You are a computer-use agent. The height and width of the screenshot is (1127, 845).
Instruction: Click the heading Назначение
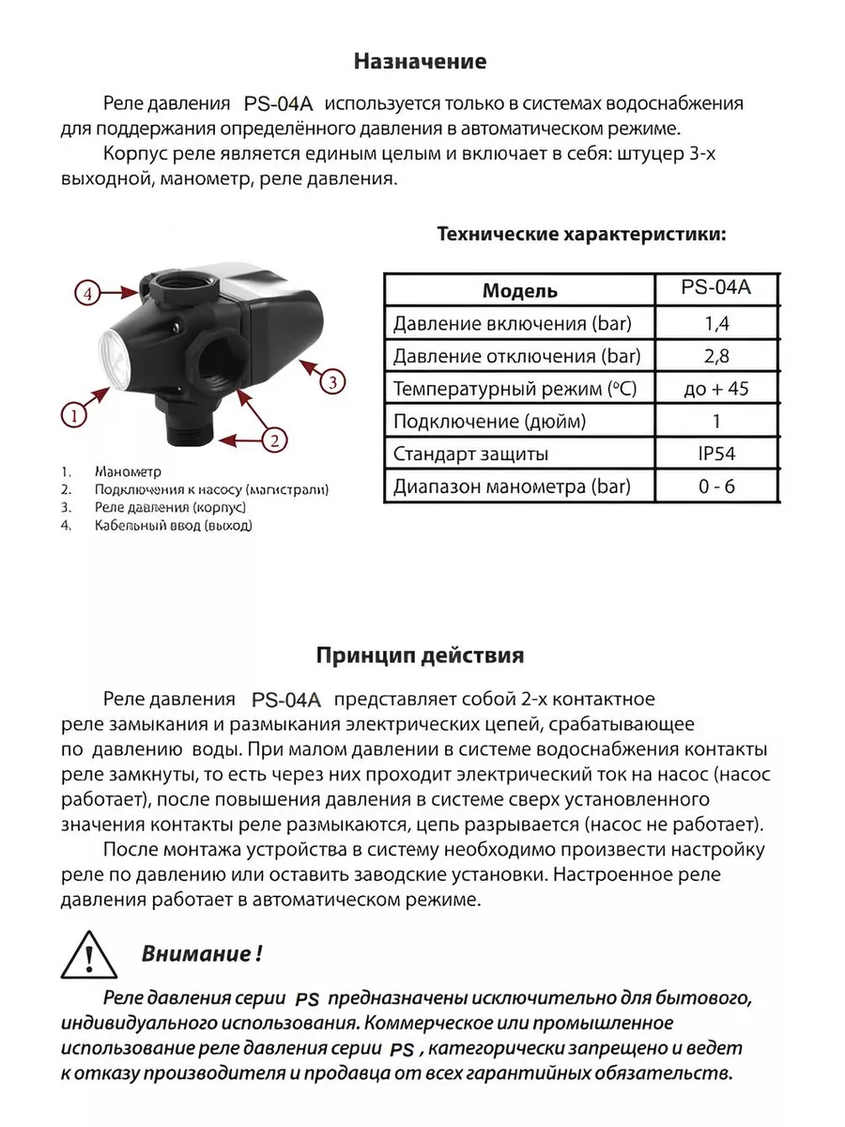click(420, 63)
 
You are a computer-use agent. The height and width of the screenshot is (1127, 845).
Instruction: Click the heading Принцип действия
click(420, 654)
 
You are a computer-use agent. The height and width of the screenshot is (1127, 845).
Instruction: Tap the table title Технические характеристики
click(581, 234)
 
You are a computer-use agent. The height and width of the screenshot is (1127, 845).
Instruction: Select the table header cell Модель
click(519, 290)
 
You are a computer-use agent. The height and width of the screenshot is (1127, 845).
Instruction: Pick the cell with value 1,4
click(715, 325)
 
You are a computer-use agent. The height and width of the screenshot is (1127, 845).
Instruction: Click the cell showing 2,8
click(715, 357)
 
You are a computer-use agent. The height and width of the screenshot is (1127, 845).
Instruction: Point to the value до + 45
click(715, 389)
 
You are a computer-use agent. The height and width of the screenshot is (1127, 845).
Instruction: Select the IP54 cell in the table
click(715, 454)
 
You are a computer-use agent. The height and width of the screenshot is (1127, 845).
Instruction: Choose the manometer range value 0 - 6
click(715, 486)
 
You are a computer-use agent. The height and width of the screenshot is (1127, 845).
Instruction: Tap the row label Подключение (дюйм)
click(489, 422)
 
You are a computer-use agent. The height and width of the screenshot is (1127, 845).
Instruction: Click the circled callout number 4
click(86, 293)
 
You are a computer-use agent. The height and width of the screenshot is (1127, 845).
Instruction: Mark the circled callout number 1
click(74, 412)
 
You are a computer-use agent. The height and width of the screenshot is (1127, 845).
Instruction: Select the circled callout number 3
click(334, 381)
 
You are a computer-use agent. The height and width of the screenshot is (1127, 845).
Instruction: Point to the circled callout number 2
click(273, 439)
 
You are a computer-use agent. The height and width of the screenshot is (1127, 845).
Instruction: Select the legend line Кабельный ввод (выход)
click(173, 526)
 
